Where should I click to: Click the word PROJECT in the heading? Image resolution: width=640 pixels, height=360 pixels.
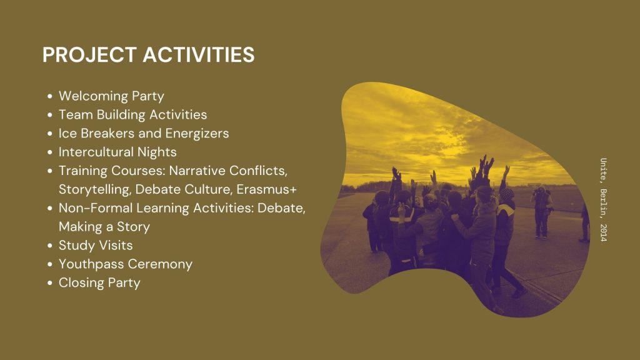89,55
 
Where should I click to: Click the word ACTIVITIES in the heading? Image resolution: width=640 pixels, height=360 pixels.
199,55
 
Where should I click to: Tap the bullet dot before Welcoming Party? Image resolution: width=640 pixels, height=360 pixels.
50,97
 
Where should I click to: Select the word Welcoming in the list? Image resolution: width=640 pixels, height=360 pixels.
93,96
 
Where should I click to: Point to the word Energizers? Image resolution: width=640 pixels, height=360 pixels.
197,134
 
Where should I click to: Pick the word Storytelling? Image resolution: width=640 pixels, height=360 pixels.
95,190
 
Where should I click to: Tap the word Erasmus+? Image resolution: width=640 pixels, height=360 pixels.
266,189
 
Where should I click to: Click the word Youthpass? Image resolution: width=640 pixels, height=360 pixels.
90,264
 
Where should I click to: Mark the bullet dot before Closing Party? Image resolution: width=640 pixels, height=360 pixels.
50,283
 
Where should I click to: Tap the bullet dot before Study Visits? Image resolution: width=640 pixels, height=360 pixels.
50,246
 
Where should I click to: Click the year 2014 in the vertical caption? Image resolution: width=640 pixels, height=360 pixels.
604,232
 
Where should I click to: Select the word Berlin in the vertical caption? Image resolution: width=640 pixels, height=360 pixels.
604,204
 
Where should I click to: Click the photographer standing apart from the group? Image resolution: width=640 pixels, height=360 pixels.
542,212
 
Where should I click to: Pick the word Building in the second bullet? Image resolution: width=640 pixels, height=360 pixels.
121,115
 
